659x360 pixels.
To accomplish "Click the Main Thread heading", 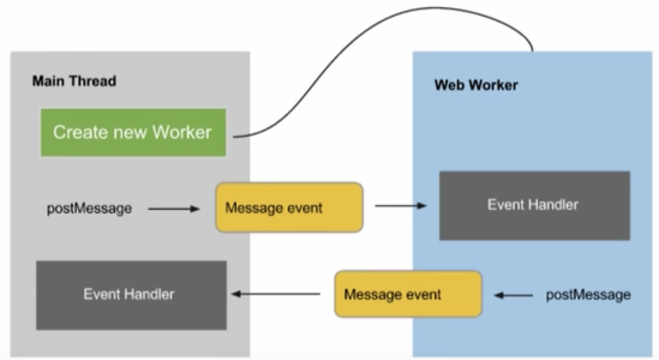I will pyautogui.click(x=74, y=80).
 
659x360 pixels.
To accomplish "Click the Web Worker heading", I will pyautogui.click(x=476, y=85).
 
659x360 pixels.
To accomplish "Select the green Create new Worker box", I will pyautogui.click(x=133, y=132).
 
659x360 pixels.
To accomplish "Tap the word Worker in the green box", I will pyautogui.click(x=182, y=132).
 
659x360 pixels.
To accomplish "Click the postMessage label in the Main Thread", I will pyautogui.click(x=89, y=209).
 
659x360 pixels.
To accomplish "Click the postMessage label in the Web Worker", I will pyautogui.click(x=588, y=295).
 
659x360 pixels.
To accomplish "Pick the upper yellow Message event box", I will pyautogui.click(x=289, y=208).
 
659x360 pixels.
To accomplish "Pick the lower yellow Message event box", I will pyautogui.click(x=408, y=294).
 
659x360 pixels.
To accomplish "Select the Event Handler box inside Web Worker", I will pyautogui.click(x=534, y=205).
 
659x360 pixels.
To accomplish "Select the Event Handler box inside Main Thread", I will pyautogui.click(x=131, y=295).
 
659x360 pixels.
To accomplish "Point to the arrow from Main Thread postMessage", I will pyautogui.click(x=173, y=209).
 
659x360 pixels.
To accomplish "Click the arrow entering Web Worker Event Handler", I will pyautogui.click(x=400, y=206).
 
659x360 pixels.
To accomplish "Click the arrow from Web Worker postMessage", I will pyautogui.click(x=513, y=295).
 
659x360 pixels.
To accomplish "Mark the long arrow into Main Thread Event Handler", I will pyautogui.click(x=276, y=294).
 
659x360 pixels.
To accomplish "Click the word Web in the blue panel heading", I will pyautogui.click(x=448, y=85).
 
